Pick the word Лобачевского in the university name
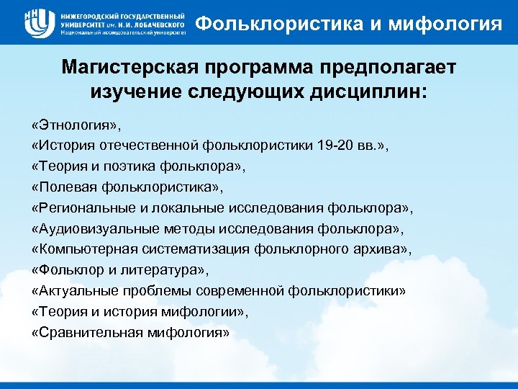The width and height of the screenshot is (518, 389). [x=152, y=24]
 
